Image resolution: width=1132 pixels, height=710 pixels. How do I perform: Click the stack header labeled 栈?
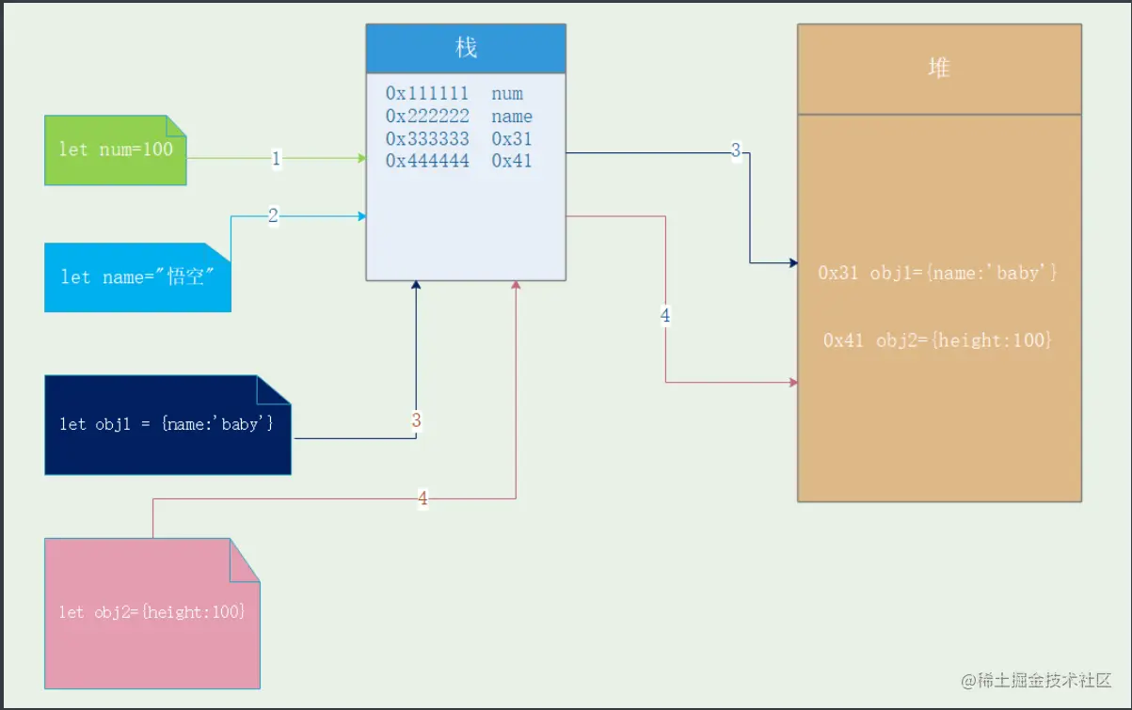[466, 48]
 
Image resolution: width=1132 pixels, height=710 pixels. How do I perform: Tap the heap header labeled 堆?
[938, 69]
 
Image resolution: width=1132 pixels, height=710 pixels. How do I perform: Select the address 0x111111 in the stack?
[427, 94]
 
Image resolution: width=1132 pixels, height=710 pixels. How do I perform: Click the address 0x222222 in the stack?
[427, 117]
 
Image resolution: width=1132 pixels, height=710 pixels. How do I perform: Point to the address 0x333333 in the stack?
[427, 139]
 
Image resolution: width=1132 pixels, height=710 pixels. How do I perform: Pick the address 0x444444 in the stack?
[427, 161]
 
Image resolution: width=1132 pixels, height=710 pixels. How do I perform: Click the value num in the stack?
[507, 94]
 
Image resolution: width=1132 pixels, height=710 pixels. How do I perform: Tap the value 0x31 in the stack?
[512, 139]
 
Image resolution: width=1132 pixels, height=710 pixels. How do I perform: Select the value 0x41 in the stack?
[512, 161]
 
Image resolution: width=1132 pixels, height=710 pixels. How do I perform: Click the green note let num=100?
[116, 150]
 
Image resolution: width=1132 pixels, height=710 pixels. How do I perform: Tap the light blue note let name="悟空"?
[136, 276]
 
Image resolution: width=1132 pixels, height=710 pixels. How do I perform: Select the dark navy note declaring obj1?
[167, 424]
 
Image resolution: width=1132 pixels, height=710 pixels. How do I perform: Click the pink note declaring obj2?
[151, 612]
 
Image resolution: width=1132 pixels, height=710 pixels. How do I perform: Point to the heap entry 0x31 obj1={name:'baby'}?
[938, 273]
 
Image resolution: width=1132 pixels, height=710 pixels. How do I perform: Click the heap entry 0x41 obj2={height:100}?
[937, 340]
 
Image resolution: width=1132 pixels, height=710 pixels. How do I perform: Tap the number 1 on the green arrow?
[276, 159]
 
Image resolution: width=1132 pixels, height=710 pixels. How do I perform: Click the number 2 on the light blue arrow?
[273, 216]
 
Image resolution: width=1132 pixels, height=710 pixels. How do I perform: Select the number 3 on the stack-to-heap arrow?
[736, 150]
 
